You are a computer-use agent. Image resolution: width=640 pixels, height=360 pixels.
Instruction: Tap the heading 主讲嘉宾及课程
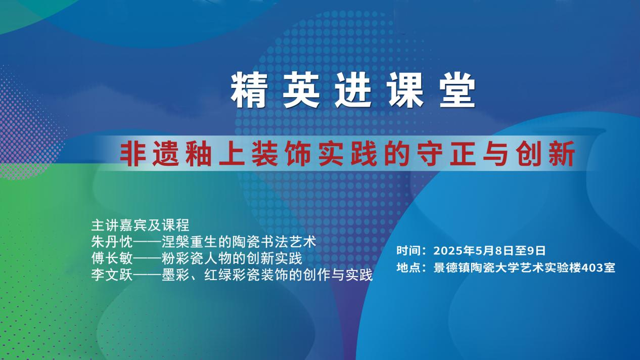coord(141,225)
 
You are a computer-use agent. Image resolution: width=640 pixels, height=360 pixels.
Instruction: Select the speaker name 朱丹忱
coord(112,242)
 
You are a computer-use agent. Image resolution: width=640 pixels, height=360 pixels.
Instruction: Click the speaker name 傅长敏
coord(112,258)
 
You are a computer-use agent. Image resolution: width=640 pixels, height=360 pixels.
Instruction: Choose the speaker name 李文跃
coord(112,275)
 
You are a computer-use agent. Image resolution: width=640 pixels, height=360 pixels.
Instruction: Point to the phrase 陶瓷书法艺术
coord(275,242)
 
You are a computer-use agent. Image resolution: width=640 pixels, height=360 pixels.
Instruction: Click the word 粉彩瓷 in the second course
coord(182,258)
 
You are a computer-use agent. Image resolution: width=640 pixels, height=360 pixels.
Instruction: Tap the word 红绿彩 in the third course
coord(225,275)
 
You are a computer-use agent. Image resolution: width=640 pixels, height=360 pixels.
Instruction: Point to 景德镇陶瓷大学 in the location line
coord(471,267)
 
